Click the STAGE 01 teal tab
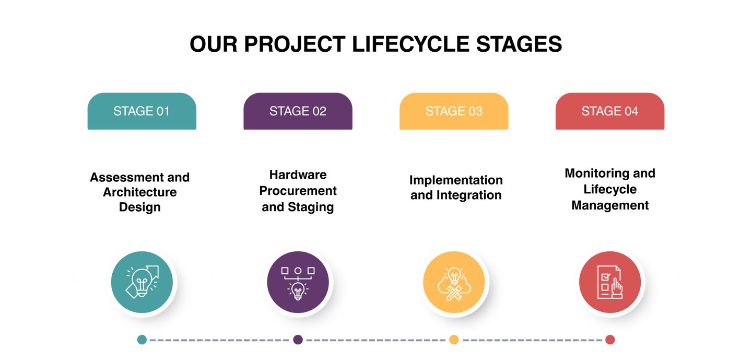[x=142, y=111]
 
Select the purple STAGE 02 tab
[x=298, y=111]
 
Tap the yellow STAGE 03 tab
[x=454, y=111]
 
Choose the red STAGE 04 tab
[x=610, y=111]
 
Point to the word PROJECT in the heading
[x=295, y=45]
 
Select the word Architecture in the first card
[x=140, y=192]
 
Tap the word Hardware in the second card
[x=298, y=175]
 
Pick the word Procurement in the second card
[x=298, y=191]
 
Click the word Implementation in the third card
[x=456, y=180]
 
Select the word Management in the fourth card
[x=610, y=205]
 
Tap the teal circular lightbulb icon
[x=142, y=283]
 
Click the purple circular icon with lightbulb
[x=298, y=283]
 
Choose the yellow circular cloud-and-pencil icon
[x=454, y=283]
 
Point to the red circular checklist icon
[x=610, y=283]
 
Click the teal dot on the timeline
[x=142, y=340]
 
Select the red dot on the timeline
[x=609, y=340]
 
